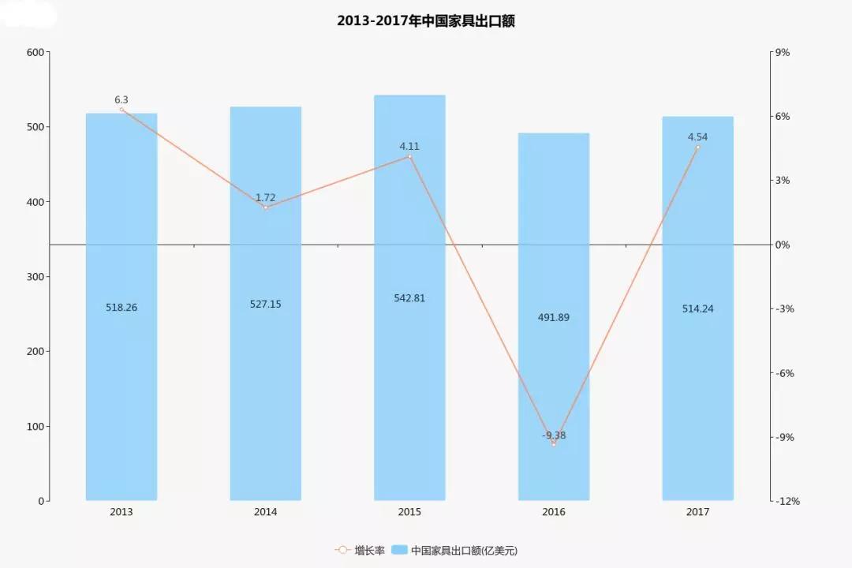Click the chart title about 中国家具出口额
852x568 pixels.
(x=426, y=21)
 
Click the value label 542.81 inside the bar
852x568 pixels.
(x=409, y=298)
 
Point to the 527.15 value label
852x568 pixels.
(x=265, y=304)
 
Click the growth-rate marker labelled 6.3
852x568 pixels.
(x=121, y=110)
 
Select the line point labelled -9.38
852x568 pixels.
(x=554, y=444)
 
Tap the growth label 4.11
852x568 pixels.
(x=409, y=146)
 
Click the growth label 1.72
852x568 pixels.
(x=265, y=197)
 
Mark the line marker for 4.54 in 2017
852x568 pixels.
(x=697, y=148)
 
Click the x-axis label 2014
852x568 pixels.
(x=265, y=512)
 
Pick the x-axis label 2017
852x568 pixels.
(x=697, y=512)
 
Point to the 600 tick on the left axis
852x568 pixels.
(x=35, y=52)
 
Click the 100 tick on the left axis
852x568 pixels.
(x=35, y=426)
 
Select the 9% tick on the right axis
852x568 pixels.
(x=783, y=52)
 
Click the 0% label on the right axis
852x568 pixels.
(x=783, y=245)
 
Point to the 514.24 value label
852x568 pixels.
(x=697, y=308)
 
